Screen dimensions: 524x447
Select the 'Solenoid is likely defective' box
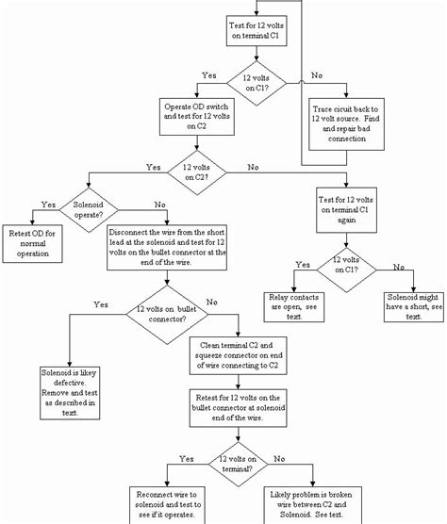pyautogui.click(x=71, y=389)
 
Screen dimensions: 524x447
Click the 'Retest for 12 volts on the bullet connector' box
pyautogui.click(x=239, y=411)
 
